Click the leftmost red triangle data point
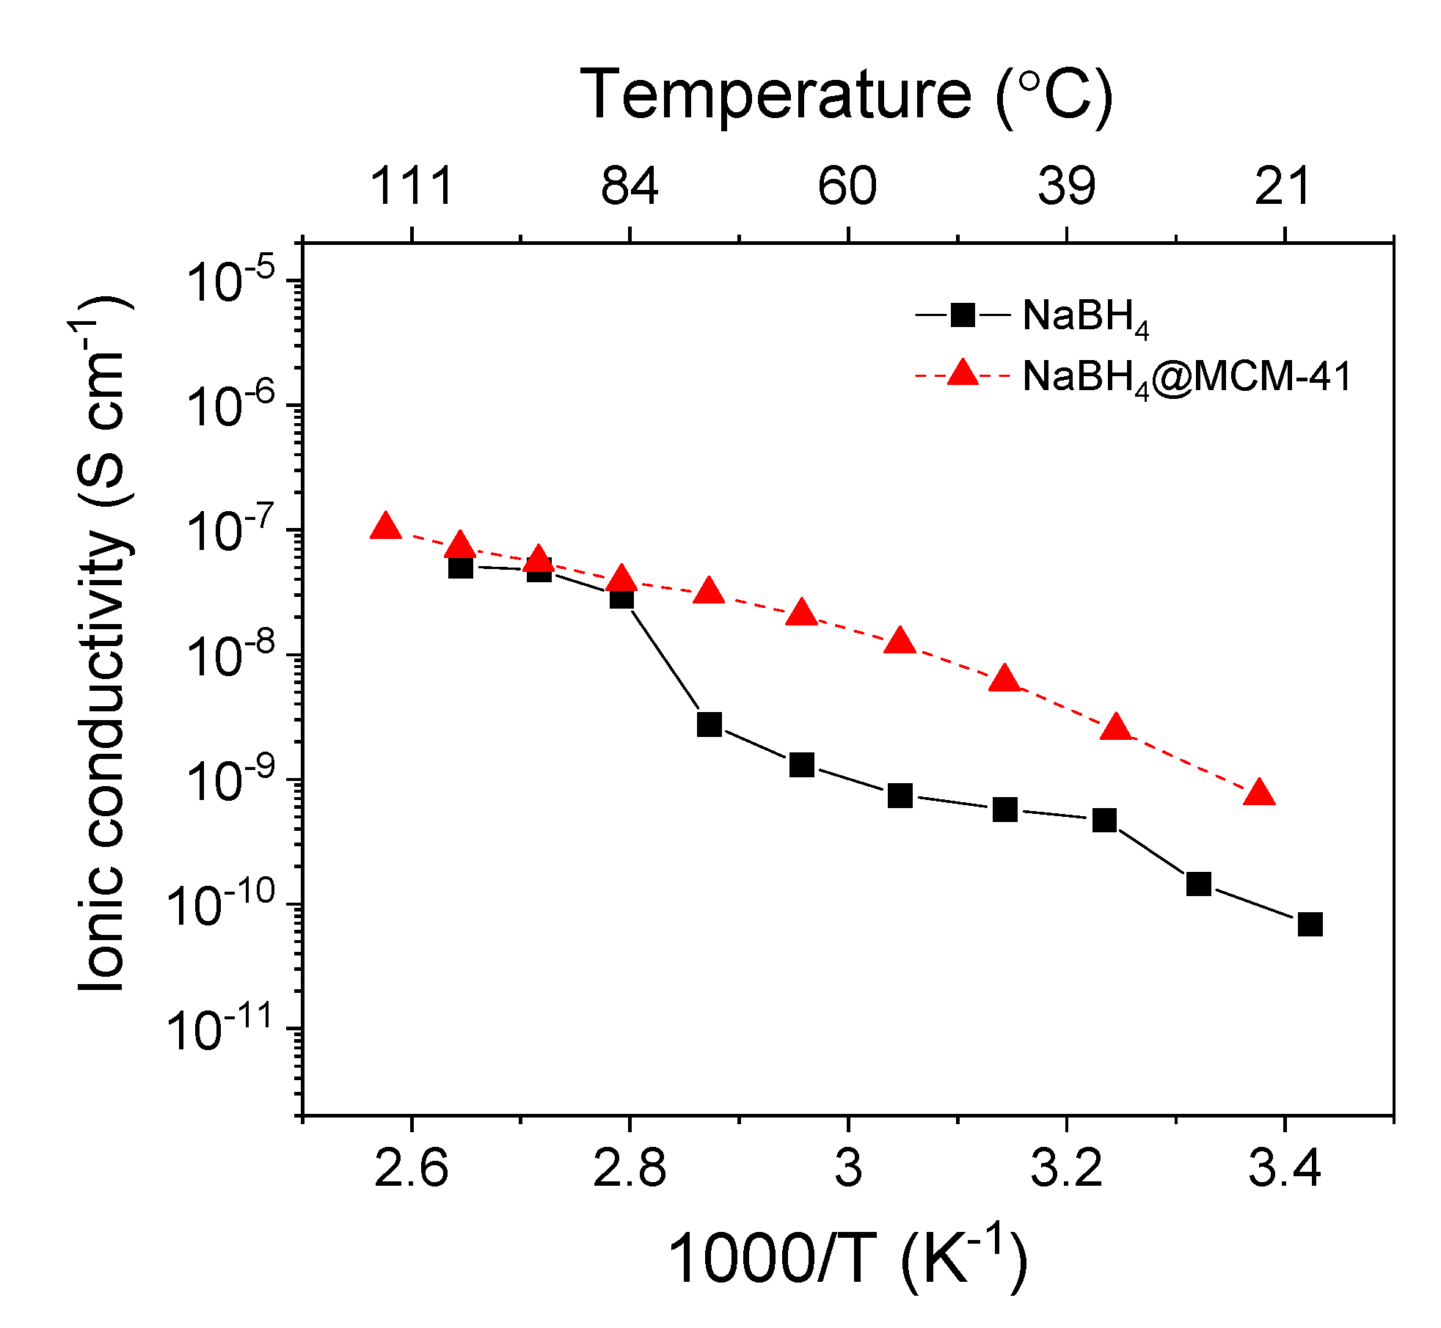point(386,527)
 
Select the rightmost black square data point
point(1310,925)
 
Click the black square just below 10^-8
point(709,724)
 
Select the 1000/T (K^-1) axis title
point(847,1259)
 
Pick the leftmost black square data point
point(460,567)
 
